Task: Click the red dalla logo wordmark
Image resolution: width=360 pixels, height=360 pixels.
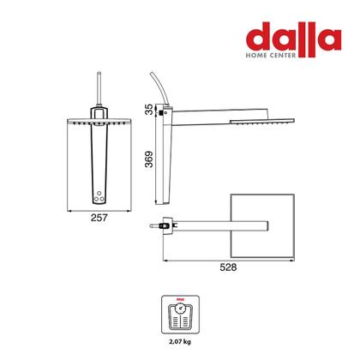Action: click(293, 39)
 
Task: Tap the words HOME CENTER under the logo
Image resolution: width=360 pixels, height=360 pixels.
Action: click(271, 55)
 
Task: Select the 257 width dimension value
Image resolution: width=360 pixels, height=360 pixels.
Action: click(99, 218)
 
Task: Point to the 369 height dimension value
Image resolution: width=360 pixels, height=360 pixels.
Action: click(149, 159)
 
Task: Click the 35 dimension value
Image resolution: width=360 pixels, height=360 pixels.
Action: click(149, 110)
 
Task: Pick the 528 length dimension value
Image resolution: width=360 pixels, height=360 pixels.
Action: click(228, 267)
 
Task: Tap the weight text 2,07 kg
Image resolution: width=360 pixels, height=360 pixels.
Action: click(180, 341)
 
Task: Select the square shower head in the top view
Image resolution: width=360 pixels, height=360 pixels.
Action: click(262, 225)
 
